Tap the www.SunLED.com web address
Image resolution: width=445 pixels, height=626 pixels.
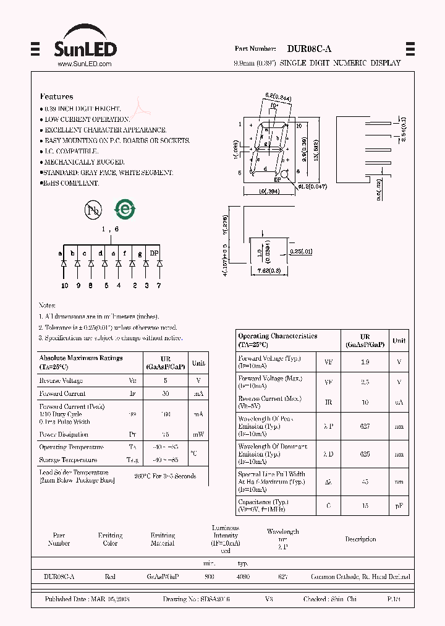tap(84, 64)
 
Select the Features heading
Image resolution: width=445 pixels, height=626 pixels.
tap(56, 96)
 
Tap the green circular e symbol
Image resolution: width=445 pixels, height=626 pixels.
tap(126, 210)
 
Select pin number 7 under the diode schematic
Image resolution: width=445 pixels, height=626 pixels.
tap(159, 285)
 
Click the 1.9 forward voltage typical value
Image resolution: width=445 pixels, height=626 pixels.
tap(365, 362)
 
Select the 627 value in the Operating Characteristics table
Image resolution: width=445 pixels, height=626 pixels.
tap(365, 426)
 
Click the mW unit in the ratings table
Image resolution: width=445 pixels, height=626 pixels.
tap(198, 434)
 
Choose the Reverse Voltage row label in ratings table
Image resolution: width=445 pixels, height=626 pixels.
tap(61, 380)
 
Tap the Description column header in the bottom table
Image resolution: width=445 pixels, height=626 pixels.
tap(360, 539)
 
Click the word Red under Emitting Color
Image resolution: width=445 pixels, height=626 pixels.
tap(110, 577)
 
